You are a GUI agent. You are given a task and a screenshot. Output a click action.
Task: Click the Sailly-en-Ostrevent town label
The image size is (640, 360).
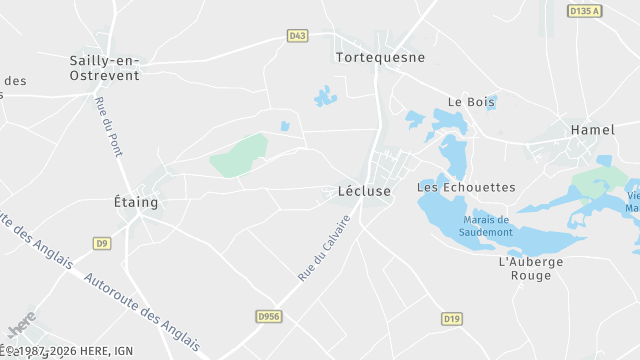click(x=104, y=67)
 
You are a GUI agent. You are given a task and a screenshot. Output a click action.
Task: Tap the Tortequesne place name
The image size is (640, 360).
click(x=380, y=57)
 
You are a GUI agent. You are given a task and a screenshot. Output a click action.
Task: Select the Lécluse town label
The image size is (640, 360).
click(x=357, y=190)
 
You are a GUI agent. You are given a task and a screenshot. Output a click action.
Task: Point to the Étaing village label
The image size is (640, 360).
click(x=136, y=202)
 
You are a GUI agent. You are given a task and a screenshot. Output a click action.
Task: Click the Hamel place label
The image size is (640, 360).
click(x=592, y=130)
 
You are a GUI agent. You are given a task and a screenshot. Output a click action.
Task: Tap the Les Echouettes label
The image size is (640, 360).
click(x=466, y=187)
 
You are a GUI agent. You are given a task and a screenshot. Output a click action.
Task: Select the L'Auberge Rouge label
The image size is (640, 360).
click(x=531, y=268)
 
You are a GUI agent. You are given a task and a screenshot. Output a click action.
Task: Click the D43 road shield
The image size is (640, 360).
click(x=296, y=36)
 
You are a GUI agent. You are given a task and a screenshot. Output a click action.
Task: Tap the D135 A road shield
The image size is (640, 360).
click(x=584, y=11)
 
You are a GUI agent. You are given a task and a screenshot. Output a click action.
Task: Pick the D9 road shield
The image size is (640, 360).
click(x=102, y=243)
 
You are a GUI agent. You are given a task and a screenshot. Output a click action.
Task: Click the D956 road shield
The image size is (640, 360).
click(x=267, y=316)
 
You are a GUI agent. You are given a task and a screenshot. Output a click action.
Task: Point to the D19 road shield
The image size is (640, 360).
click(x=451, y=318)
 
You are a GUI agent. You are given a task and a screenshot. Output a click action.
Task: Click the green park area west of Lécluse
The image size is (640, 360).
click(x=240, y=155)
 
